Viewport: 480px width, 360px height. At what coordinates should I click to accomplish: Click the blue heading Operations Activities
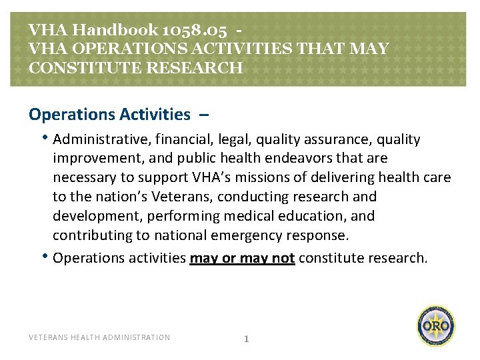(109, 114)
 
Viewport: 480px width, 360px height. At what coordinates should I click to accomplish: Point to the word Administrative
(97, 139)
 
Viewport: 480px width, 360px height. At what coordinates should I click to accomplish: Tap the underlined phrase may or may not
(242, 258)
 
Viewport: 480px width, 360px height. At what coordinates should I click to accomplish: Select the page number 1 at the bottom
(246, 338)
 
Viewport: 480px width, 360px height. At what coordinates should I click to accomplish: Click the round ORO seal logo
(437, 326)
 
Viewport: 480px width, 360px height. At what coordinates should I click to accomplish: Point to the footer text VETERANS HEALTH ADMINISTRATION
(99, 337)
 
